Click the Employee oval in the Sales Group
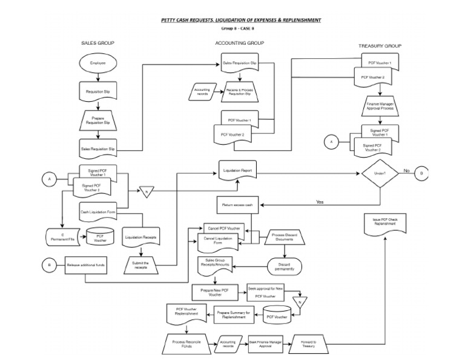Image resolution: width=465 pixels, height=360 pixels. (x=97, y=63)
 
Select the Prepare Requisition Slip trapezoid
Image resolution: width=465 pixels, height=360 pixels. (x=97, y=120)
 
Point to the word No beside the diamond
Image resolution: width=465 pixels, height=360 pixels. (x=406, y=170)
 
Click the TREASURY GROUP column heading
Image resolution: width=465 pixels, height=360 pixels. (x=380, y=46)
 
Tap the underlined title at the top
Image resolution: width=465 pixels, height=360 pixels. (x=241, y=20)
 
